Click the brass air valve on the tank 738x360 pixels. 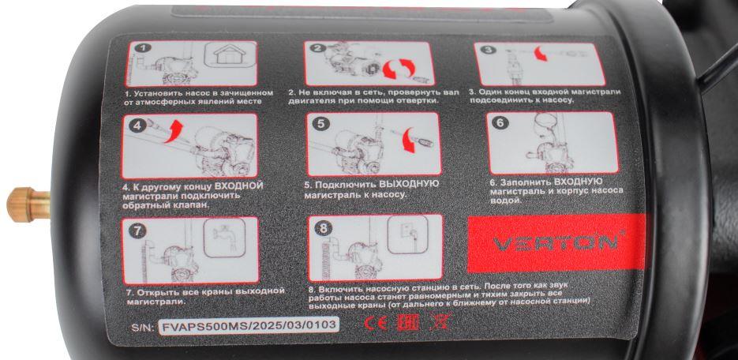tap(27, 204)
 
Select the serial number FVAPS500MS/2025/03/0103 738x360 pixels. tap(249, 325)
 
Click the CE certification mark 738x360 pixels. tap(376, 324)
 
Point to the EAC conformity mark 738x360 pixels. tap(407, 324)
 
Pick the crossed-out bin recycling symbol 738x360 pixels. tap(440, 322)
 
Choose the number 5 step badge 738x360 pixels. tap(321, 124)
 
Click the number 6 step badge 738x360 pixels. tap(500, 123)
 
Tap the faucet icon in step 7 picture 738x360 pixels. tap(224, 236)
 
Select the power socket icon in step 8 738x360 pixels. tap(406, 232)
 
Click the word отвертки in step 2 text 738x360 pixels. tap(418, 100)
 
